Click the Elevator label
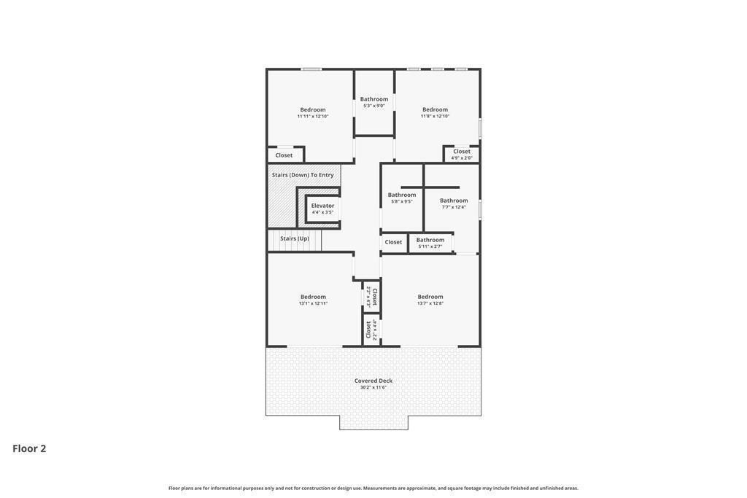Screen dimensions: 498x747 point(322,206)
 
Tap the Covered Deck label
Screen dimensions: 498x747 point(373,381)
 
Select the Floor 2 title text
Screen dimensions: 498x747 point(29,448)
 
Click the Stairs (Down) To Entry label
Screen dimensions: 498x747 point(303,175)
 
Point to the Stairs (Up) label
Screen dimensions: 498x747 point(295,238)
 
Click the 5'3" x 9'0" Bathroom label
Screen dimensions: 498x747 point(374,99)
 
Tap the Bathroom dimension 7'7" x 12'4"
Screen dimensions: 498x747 point(454,207)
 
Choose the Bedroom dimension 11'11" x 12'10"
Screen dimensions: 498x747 point(313,116)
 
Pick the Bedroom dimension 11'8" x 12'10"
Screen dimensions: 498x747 point(435,116)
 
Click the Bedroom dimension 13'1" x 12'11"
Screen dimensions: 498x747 point(313,303)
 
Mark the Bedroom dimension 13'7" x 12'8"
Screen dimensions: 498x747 point(430,303)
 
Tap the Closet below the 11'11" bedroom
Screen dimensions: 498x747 point(284,155)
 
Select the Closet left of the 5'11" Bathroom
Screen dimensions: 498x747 point(393,242)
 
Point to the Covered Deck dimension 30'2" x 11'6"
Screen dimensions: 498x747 point(373,388)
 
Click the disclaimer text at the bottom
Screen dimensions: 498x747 point(373,488)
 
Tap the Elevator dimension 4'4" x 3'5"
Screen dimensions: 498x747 point(322,212)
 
